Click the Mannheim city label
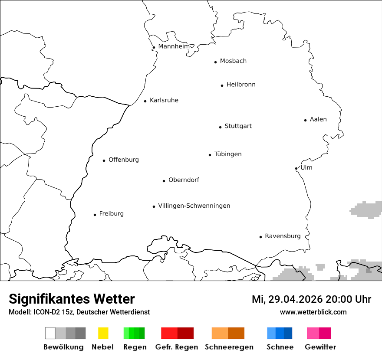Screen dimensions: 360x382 174,46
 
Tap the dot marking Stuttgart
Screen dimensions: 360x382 220,127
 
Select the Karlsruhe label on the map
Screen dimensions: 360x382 164,100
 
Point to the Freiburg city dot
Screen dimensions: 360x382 95,215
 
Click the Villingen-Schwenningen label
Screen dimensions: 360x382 194,206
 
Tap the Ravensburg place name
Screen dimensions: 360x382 283,236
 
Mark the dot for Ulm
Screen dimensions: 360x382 296,168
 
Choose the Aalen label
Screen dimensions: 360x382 318,119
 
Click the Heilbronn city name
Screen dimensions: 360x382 241,85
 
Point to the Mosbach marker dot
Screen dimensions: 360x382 215,62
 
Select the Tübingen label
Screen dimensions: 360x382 228,154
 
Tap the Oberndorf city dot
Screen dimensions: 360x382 164,181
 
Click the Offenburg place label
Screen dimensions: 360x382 124,160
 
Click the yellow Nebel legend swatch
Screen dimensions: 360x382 103,333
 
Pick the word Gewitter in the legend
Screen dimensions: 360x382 320,347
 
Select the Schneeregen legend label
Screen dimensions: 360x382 229,347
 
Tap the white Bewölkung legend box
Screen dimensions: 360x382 50,333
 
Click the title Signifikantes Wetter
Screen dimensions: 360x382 72,299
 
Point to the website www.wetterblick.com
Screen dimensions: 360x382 313,312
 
